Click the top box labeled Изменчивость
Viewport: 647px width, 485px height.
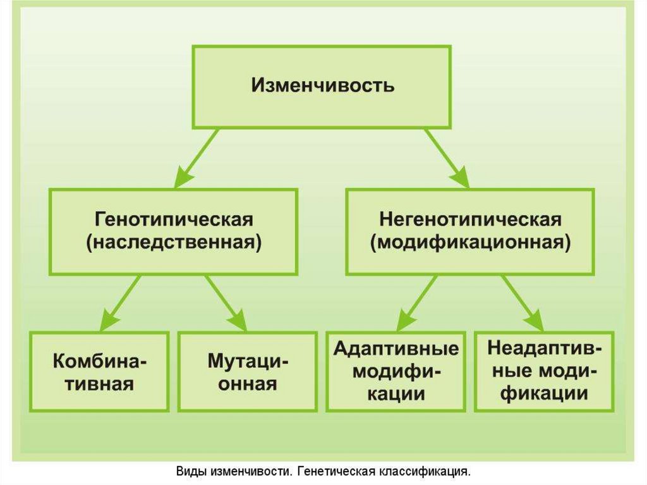click(x=322, y=87)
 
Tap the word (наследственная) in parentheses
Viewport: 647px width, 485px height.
click(x=174, y=243)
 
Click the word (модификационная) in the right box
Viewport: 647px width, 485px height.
click(x=470, y=243)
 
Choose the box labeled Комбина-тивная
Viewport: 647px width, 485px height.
click(x=100, y=372)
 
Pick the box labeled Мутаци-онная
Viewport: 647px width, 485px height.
click(x=248, y=372)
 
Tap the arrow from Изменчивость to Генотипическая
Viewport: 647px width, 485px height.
click(x=197, y=158)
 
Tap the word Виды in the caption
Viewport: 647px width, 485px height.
click(x=189, y=472)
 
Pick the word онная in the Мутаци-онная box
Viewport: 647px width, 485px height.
click(x=248, y=384)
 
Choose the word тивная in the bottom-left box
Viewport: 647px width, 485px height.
click(x=100, y=384)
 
